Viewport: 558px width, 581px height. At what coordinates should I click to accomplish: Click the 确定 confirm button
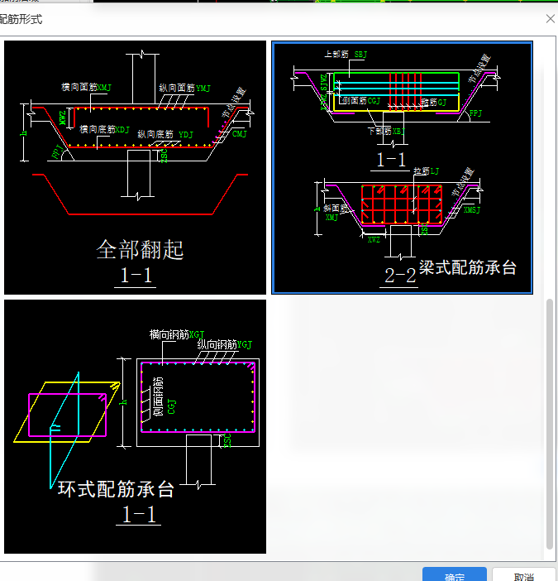(x=454, y=575)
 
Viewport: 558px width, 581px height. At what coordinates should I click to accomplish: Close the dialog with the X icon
(x=550, y=18)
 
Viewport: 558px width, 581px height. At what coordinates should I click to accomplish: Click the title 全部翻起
(x=140, y=249)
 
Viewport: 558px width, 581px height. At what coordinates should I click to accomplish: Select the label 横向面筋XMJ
(x=87, y=87)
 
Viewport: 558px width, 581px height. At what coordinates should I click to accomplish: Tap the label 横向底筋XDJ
(x=105, y=129)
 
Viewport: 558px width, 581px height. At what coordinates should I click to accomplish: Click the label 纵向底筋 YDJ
(x=165, y=133)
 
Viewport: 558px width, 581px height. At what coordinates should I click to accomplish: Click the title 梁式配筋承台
(x=468, y=267)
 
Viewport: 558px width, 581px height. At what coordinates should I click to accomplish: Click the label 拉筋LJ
(x=427, y=170)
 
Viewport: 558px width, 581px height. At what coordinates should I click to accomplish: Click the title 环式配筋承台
(x=116, y=489)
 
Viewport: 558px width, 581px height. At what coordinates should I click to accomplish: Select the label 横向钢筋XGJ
(x=177, y=334)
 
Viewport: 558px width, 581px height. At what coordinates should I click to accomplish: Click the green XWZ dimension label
(x=374, y=238)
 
